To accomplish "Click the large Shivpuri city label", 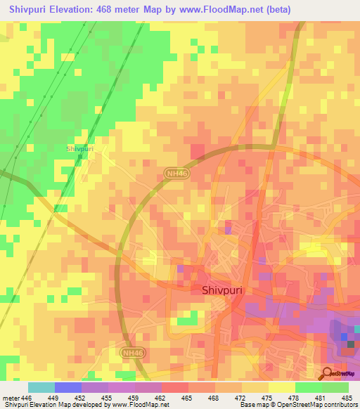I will point(223,289).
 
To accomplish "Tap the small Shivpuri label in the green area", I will point(79,149).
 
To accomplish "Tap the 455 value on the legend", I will point(108,397).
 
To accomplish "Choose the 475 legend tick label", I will point(269,397).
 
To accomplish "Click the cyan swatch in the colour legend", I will point(41,387).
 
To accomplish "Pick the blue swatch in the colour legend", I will point(68,387).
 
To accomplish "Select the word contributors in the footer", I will point(340,405).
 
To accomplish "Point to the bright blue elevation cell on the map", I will point(344,336).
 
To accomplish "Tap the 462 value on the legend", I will point(162,397).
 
